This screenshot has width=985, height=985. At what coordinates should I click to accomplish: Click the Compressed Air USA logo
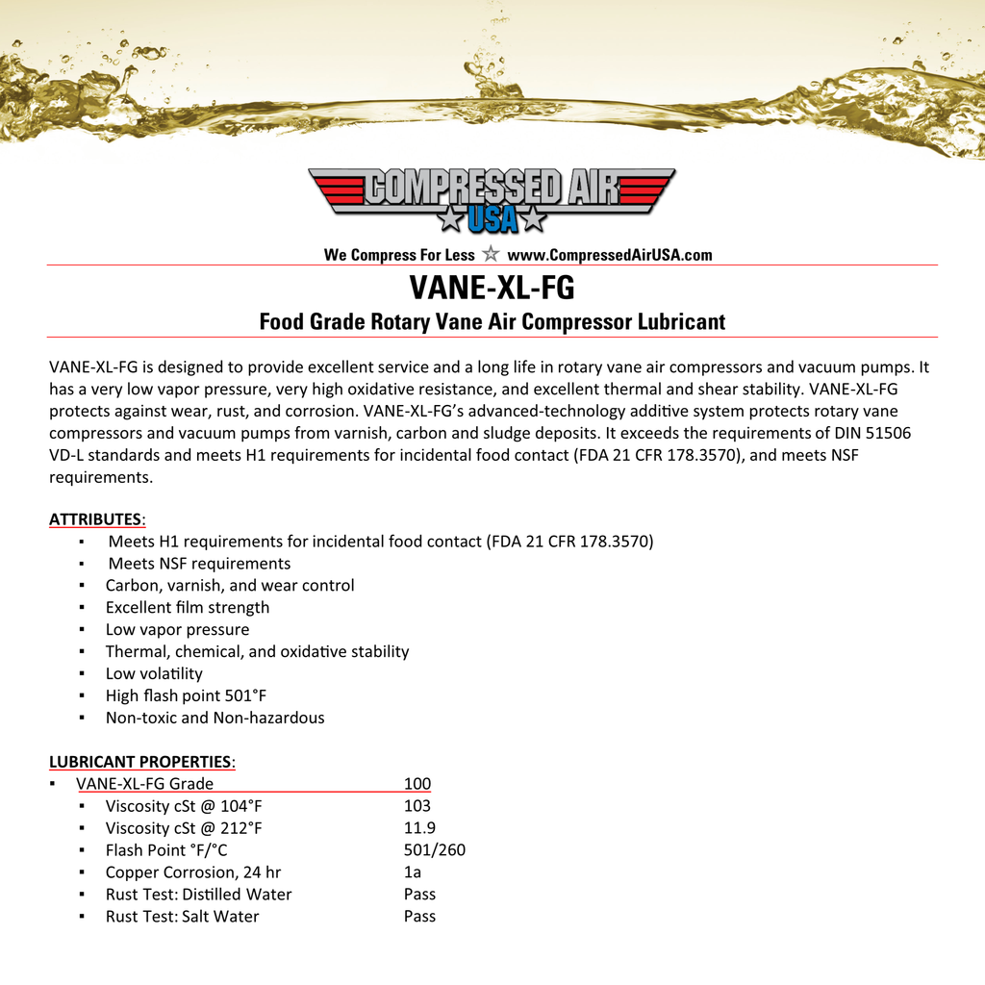pyautogui.click(x=492, y=200)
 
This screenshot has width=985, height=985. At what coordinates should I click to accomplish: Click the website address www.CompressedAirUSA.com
pyautogui.click(x=609, y=255)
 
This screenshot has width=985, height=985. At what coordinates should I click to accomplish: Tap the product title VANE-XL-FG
pyautogui.click(x=492, y=288)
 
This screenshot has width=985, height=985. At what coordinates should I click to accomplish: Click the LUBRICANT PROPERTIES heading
pyautogui.click(x=140, y=762)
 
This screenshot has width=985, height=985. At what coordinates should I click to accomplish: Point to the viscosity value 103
pyautogui.click(x=417, y=806)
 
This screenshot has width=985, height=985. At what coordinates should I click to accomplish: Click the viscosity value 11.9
pyautogui.click(x=419, y=828)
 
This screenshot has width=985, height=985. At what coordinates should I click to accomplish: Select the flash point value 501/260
pyautogui.click(x=435, y=850)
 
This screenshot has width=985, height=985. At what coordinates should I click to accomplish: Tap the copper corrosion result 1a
pyautogui.click(x=413, y=872)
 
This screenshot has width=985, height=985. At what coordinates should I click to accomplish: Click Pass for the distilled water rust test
pyautogui.click(x=419, y=895)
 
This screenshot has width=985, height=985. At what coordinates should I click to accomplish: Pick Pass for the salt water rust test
pyautogui.click(x=419, y=917)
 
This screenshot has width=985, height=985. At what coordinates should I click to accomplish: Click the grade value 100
pyautogui.click(x=417, y=784)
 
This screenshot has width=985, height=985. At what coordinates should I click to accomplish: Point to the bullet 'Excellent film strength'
pyautogui.click(x=188, y=608)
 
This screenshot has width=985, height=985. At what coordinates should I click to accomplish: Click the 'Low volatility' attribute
pyautogui.click(x=154, y=674)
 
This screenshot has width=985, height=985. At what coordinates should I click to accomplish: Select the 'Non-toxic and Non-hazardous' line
pyautogui.click(x=215, y=718)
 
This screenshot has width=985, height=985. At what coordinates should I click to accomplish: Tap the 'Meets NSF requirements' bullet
pyautogui.click(x=199, y=564)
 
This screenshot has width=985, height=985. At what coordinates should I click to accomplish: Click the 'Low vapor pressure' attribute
pyautogui.click(x=177, y=630)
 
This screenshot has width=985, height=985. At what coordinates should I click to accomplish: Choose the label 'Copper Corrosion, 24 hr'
pyautogui.click(x=193, y=872)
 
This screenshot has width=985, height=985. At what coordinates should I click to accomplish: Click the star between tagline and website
pyautogui.click(x=491, y=254)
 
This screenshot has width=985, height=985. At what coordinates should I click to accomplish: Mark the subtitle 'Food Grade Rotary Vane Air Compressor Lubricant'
pyautogui.click(x=492, y=322)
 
